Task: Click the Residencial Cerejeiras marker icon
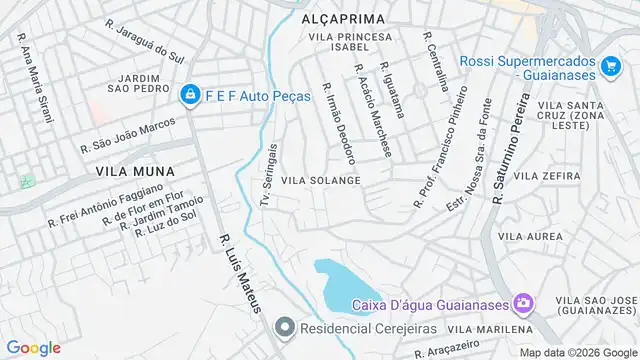[285, 327]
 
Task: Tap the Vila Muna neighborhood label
[128, 171]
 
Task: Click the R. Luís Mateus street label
[239, 273]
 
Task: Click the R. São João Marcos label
[127, 134]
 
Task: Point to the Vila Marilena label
[490, 329]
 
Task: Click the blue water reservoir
[345, 285]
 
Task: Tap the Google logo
[33, 347]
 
